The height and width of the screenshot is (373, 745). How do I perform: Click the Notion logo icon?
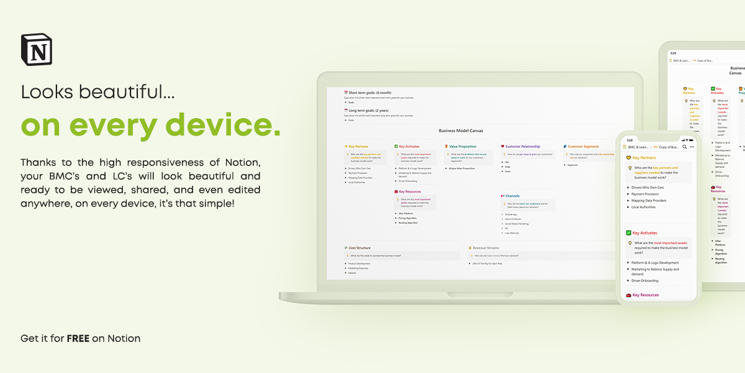[x=37, y=50]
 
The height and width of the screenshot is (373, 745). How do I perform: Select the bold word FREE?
[x=78, y=339]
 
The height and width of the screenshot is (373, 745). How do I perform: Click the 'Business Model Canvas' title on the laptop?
[x=461, y=131]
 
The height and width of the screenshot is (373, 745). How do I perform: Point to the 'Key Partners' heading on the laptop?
[x=359, y=147]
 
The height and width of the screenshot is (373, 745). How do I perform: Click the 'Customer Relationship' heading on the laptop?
[x=522, y=147]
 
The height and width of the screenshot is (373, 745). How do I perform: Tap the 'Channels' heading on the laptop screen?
[x=512, y=196]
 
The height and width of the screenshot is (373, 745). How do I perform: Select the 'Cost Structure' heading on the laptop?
[x=359, y=248]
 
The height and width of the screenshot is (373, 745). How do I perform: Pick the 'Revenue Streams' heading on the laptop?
[x=485, y=248]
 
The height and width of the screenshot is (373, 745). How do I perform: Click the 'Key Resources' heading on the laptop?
[x=410, y=192]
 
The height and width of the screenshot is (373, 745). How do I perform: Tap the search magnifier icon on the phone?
[x=684, y=147]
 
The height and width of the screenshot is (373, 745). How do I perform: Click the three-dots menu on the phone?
[x=692, y=147]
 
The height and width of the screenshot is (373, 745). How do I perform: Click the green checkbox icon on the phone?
[x=629, y=233]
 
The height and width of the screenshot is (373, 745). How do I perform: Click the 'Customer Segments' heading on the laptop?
[x=583, y=147]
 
